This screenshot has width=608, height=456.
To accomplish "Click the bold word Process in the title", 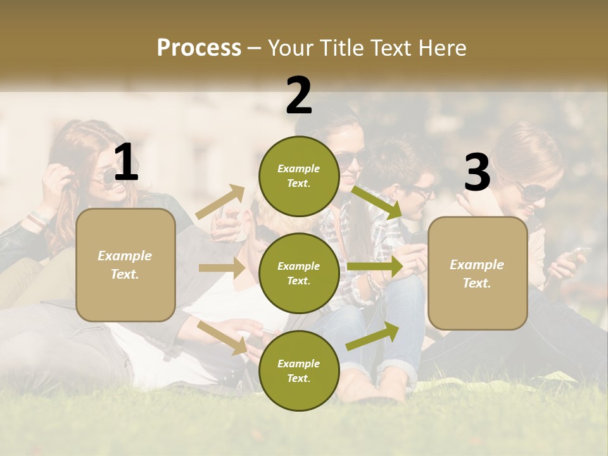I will click(199, 47).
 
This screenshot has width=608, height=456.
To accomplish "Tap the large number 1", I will click(126, 163).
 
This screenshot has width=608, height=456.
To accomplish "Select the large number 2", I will click(299, 96).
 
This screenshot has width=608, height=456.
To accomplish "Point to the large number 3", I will click(477, 172).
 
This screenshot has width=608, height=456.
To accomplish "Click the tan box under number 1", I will click(125, 265).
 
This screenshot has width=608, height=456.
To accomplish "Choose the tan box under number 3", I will click(478, 274).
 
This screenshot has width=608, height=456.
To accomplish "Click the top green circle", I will click(299, 176).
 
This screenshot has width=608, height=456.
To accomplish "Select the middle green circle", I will click(299, 274).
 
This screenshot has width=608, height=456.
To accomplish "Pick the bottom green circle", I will click(299, 370).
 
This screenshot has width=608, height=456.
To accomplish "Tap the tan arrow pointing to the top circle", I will click(220, 202).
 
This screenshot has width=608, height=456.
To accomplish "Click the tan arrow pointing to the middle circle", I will click(222, 268).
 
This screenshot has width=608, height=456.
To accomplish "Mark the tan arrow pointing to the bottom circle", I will click(223, 337).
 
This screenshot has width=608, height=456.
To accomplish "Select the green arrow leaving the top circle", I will click(377, 203).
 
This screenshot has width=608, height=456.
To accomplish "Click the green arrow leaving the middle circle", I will click(374, 267).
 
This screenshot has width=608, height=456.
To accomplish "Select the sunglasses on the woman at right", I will click(532, 192).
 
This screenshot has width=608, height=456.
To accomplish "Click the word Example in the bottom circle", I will click(299, 364).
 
